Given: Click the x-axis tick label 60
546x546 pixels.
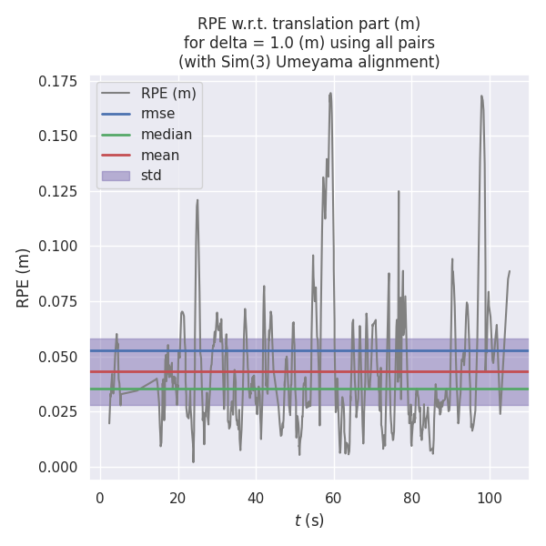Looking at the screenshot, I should [x=334, y=498].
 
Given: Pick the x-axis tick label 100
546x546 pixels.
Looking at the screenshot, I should [x=490, y=498].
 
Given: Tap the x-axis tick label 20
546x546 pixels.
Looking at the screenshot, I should [x=177, y=498].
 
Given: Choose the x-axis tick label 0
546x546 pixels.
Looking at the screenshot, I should [x=99, y=498].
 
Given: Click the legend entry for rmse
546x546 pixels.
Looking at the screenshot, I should [x=157, y=114].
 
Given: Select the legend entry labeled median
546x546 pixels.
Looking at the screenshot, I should [x=166, y=135].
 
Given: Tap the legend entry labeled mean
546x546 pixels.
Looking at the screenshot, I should [x=159, y=155].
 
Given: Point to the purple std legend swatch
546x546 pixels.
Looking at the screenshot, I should [x=116, y=176].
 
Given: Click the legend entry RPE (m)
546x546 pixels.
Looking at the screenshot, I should [x=168, y=93].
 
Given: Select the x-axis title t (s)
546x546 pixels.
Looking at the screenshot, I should [x=309, y=521].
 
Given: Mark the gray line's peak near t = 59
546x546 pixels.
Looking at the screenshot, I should [x=330, y=92].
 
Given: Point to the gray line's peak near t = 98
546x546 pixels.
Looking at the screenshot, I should [x=481, y=96].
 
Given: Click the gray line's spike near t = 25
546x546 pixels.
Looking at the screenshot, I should [x=197, y=199].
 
